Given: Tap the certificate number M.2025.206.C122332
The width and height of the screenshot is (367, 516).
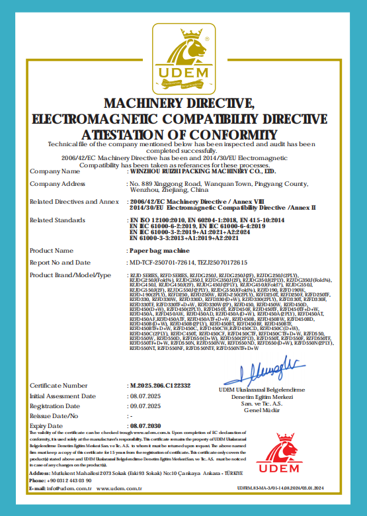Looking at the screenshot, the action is [161, 385].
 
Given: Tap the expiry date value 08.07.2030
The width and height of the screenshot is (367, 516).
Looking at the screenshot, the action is [146, 427].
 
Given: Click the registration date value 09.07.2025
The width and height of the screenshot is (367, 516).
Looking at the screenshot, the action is [146, 406].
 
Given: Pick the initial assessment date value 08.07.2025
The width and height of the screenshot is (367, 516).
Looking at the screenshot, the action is [146, 396].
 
